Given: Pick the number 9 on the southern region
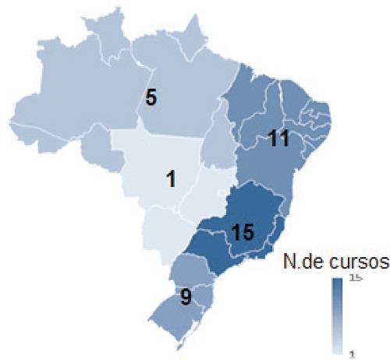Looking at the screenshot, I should [186, 297].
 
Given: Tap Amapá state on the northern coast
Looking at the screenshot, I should [192, 39].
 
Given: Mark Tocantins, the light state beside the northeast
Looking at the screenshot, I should [223, 144].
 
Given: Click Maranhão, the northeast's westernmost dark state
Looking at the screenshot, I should [243, 105].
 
